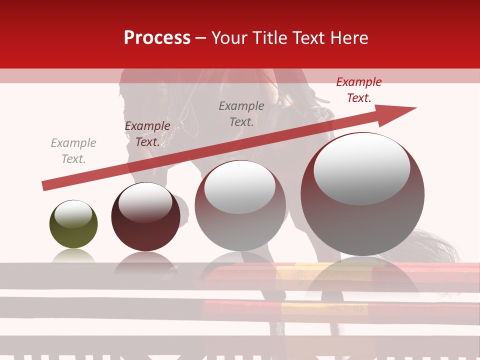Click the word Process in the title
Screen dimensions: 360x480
click(x=157, y=38)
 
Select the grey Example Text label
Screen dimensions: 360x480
click(x=73, y=150)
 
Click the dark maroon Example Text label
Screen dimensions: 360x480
click(x=147, y=133)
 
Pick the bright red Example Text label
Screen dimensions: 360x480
click(x=358, y=89)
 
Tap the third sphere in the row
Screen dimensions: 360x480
click(x=240, y=215)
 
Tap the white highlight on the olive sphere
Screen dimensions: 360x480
click(x=73, y=214)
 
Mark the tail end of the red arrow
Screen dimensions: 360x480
click(x=45, y=186)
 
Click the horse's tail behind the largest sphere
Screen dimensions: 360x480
click(x=440, y=245)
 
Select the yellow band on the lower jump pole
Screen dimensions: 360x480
click(x=305, y=308)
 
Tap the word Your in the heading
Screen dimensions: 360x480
click(x=229, y=38)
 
